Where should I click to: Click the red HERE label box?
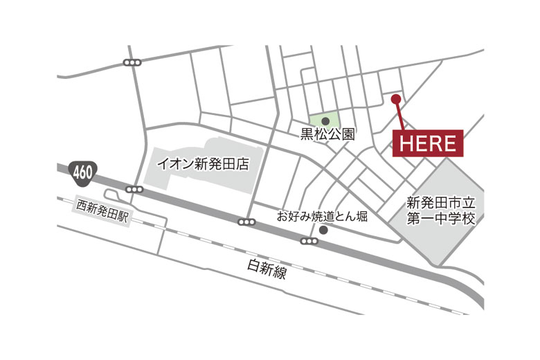coord(428,143)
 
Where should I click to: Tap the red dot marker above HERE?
coord(396,99)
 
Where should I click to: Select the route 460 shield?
coord(81,170)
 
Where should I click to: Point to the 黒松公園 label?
coord(327,134)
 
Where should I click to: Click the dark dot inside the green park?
coord(325,120)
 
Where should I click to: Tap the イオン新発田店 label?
coord(203,165)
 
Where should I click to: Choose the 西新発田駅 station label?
coord(103,206)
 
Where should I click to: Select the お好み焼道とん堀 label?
coord(322,216)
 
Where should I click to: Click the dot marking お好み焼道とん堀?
coord(323,230)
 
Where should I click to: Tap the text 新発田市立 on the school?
coord(440,204)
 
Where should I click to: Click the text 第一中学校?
coord(440,219)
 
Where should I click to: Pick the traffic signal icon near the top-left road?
coord(132,63)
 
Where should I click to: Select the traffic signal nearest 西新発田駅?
coord(134,190)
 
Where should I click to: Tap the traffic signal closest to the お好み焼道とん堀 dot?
coord(309,241)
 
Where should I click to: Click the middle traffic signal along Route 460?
coord(246,222)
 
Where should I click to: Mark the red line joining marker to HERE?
coord(399,115)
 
